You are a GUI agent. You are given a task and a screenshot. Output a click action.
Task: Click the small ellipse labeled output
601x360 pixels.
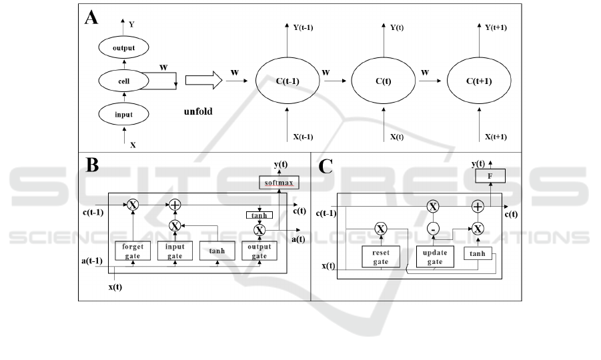(123, 48)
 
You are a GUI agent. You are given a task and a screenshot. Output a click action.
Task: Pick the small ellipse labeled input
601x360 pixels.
(123, 114)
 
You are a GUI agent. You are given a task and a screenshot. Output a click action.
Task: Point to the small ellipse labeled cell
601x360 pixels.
(123, 81)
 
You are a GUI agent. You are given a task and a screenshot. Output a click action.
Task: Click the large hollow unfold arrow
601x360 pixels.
(202, 81)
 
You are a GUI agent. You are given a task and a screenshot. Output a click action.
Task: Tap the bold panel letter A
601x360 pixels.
(91, 18)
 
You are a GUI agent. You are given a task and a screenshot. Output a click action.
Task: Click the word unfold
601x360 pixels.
(198, 111)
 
